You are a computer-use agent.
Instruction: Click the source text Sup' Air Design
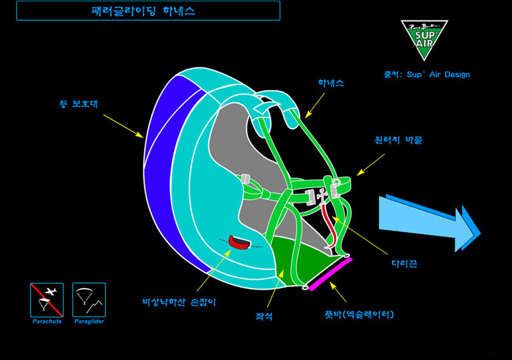tap(427, 75)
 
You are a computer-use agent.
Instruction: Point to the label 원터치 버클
tap(398, 139)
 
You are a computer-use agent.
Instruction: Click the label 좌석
tap(264, 316)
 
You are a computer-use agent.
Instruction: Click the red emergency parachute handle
tap(240, 243)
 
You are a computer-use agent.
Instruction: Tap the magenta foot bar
tap(330, 274)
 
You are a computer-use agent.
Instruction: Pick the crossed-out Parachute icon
tap(47, 300)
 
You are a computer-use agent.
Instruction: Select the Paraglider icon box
tap(89, 300)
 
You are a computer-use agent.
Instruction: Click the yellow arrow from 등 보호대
tap(122, 125)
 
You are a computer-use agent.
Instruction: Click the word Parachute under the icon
tap(47, 322)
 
